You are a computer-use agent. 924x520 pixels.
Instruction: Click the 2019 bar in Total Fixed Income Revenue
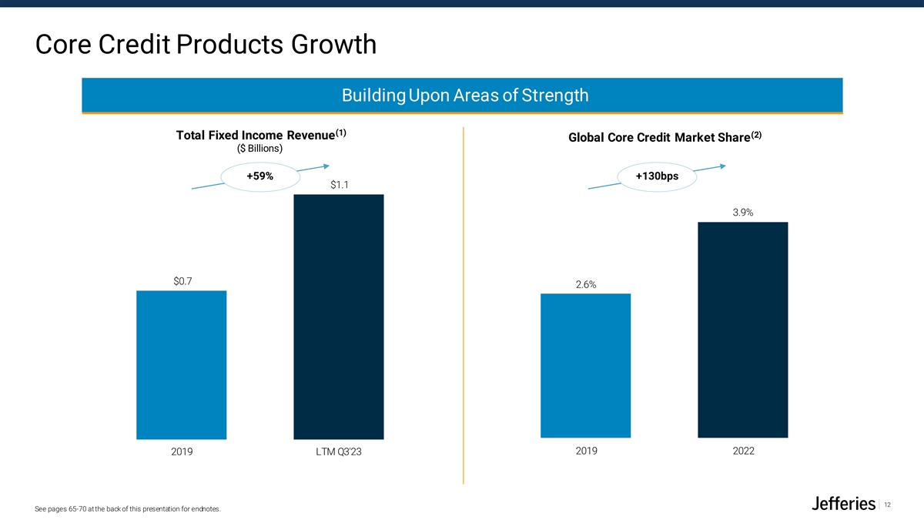pos(181,364)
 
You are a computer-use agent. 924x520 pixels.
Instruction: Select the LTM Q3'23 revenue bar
pos(338,317)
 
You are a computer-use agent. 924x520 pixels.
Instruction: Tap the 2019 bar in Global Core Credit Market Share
pos(585,366)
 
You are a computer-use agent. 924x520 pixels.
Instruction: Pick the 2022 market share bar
pos(742,330)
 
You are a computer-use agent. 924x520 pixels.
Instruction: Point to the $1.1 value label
pos(339,185)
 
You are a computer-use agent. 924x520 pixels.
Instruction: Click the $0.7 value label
pos(182,281)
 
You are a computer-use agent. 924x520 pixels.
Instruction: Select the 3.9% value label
pos(742,213)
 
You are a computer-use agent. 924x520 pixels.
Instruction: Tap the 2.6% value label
pos(585,285)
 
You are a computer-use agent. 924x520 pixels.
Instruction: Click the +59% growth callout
pos(259,177)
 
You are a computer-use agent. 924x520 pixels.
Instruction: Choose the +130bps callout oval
pos(656,177)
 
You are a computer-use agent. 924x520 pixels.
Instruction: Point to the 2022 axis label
pos(743,451)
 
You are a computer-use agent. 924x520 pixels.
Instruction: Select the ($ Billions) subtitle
pos(259,149)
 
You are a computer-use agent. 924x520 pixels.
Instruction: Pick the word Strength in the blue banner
pos(554,96)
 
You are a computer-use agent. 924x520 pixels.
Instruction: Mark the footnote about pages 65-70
pos(129,509)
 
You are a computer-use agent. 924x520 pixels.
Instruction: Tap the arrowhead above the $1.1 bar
pos(326,164)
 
